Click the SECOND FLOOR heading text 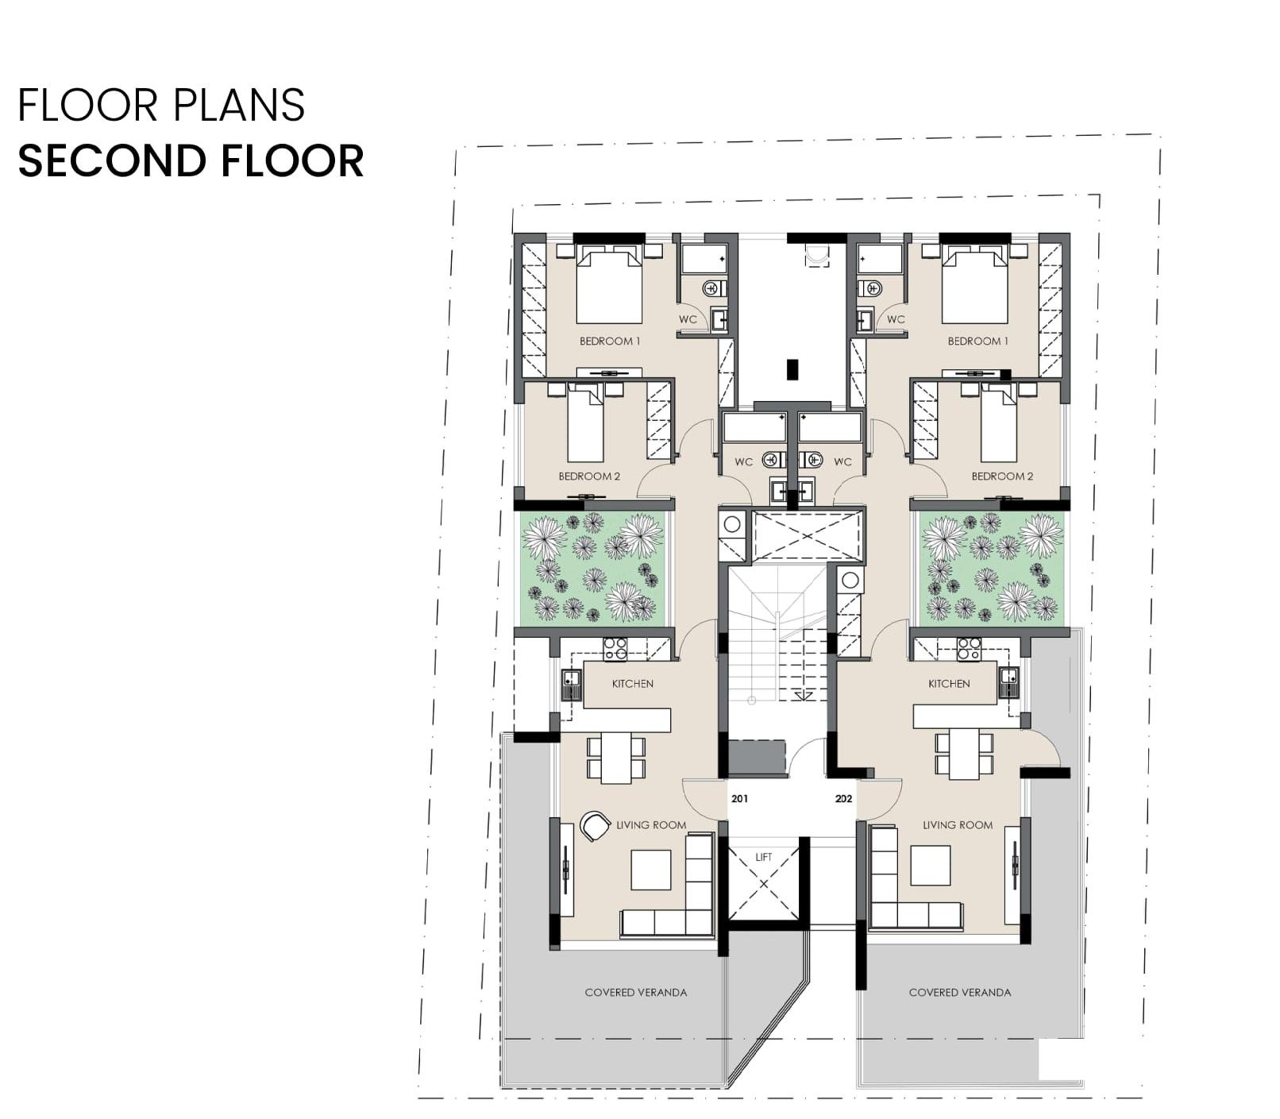click(191, 160)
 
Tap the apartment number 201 click(739, 799)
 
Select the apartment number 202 click(843, 799)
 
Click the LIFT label click(763, 857)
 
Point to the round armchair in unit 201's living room click(594, 826)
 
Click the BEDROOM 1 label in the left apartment click(610, 341)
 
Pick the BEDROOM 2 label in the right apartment click(1002, 477)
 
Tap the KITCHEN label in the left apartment click(633, 684)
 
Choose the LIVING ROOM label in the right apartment click(958, 825)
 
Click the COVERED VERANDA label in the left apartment click(636, 993)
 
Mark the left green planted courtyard click(592, 567)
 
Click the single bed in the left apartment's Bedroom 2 click(586, 423)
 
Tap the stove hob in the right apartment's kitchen click(968, 649)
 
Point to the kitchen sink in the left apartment click(572, 685)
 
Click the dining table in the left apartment click(616, 758)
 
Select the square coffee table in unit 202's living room click(931, 866)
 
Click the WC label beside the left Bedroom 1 click(688, 319)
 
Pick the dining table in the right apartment click(964, 754)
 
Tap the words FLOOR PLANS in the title click(161, 106)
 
